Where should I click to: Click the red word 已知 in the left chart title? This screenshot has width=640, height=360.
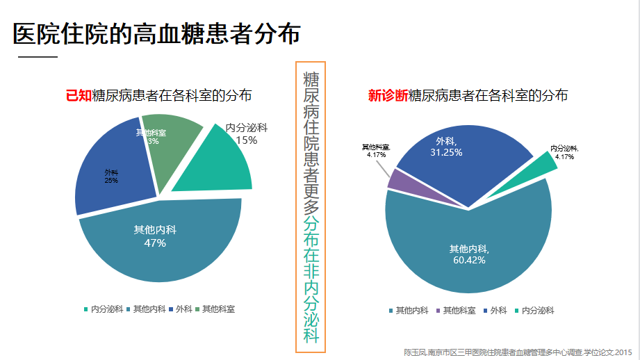point(79,96)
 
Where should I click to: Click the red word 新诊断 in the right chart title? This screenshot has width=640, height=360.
point(388,96)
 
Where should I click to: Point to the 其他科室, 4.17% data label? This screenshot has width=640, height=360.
point(376,151)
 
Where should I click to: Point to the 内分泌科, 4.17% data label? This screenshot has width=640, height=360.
point(564,152)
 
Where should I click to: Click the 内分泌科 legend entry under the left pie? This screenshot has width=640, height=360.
point(104,309)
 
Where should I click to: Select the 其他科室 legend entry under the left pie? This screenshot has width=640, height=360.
point(215,309)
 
